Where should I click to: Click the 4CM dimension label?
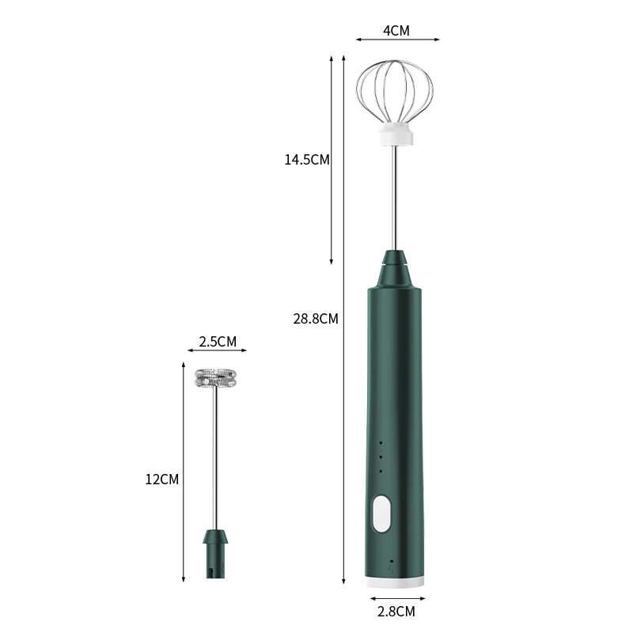pyautogui.click(x=396, y=31)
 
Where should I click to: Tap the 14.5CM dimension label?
pyautogui.click(x=307, y=159)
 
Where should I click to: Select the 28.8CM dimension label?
pyautogui.click(x=315, y=319)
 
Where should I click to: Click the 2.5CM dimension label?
pyautogui.click(x=217, y=342)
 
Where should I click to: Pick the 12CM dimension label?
pyautogui.click(x=162, y=479)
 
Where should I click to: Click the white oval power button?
pyautogui.click(x=381, y=512)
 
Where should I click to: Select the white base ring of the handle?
pyautogui.click(x=397, y=582)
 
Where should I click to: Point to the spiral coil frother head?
pyautogui.click(x=216, y=377)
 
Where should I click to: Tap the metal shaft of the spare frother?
pyautogui.click(x=216, y=459)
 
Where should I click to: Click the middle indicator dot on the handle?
pyautogui.click(x=381, y=457)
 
